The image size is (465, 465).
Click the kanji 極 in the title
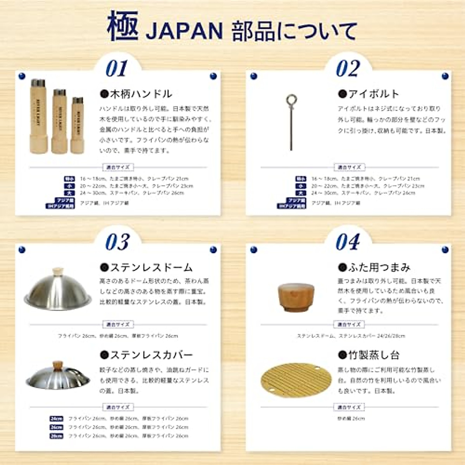coord(122,26)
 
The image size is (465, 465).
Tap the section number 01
coord(116,69)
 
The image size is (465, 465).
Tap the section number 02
coord(348,69)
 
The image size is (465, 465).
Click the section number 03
coord(117,242)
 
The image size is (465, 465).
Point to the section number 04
coord(348,242)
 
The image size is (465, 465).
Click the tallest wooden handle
coord(39,116)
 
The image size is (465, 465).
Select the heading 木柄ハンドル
coord(136,94)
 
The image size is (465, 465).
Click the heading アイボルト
coord(368,94)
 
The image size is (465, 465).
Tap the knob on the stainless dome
coord(58,271)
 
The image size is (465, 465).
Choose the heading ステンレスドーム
coord(146,267)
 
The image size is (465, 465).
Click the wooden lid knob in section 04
coord(296,297)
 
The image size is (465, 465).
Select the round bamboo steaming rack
coord(296,380)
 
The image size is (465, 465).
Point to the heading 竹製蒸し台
coord(368,355)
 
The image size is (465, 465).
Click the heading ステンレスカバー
coord(146,355)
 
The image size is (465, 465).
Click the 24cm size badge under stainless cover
coord(56,418)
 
